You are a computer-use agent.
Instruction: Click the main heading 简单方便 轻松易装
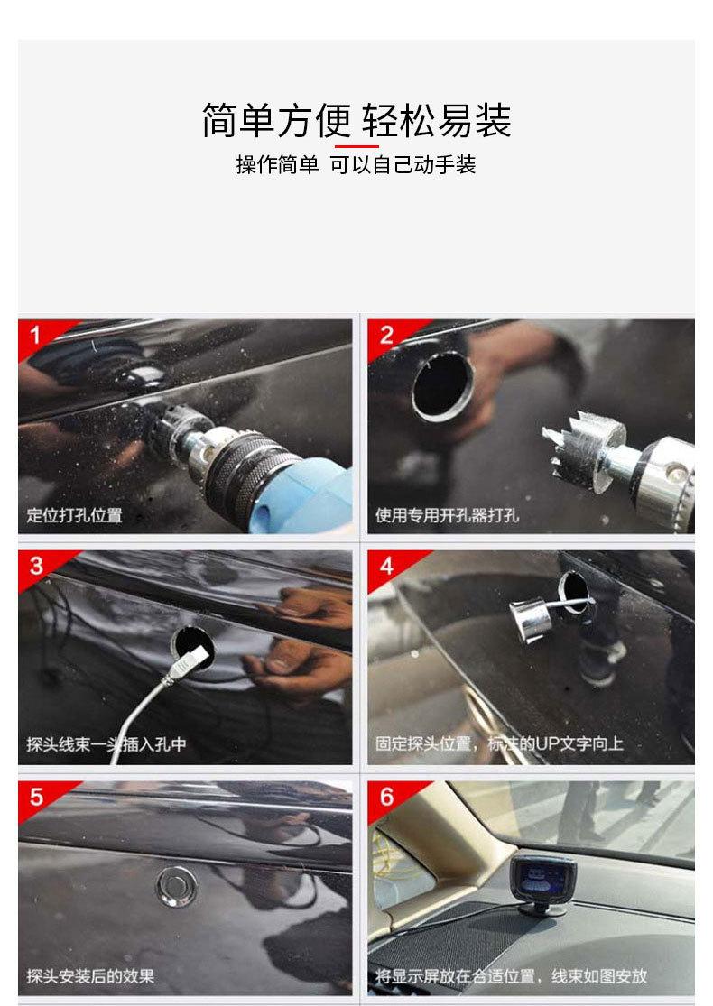click(356, 120)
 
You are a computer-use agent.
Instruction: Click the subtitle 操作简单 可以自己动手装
click(356, 165)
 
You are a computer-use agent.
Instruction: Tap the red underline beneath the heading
click(356, 146)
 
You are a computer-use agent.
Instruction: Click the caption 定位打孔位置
click(74, 515)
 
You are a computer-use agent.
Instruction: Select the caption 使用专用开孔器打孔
click(447, 515)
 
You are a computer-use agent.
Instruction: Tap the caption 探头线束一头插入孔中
click(106, 744)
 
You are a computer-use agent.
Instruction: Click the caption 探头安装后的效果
click(90, 976)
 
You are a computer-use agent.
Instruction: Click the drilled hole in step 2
click(443, 386)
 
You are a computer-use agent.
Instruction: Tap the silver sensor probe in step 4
click(531, 620)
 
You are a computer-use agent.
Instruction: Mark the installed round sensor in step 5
click(177, 887)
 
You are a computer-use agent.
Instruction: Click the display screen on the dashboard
click(543, 878)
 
